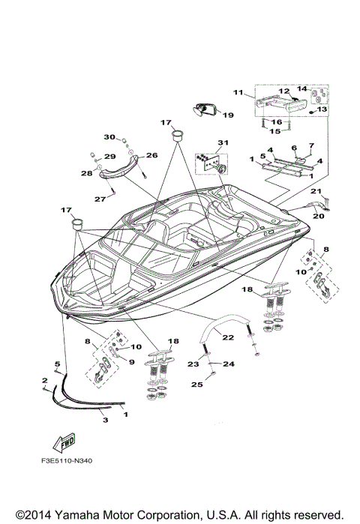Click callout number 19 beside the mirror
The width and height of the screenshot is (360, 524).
click(x=228, y=115)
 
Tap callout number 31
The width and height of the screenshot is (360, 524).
click(x=221, y=142)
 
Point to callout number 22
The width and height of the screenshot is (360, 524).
click(x=228, y=317)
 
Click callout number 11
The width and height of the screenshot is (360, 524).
click(x=238, y=93)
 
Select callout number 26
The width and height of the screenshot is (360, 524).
click(x=152, y=155)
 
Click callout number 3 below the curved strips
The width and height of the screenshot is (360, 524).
click(x=105, y=421)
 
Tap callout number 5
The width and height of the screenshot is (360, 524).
click(x=55, y=364)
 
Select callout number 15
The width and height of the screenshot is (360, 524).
click(x=275, y=131)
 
